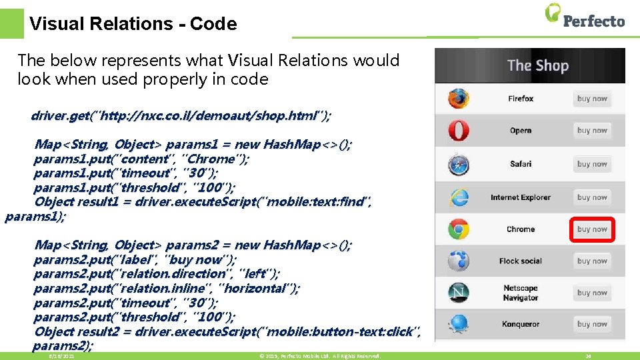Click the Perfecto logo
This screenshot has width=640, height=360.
pos(585,17)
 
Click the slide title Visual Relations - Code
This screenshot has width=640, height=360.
pos(133,24)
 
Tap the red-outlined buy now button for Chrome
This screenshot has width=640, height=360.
pos(592,229)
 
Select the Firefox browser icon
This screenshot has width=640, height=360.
pos(458,99)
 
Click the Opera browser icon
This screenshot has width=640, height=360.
pos(458,131)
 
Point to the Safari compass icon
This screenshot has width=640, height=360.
pos(458,164)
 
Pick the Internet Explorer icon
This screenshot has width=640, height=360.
pos(458,197)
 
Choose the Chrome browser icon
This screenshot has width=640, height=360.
pos(458,229)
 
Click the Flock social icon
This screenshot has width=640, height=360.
pos(458,261)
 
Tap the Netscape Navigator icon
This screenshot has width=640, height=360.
pos(458,293)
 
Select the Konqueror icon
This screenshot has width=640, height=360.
pos(458,324)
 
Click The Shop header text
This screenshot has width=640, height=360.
pos(537,65)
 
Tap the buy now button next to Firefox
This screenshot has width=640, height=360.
pos(592,99)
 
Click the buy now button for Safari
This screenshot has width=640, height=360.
pos(592,164)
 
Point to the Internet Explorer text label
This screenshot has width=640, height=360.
pos(521,197)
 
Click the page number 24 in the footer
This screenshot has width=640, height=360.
pos(588,357)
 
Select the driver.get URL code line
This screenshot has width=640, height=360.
pos(180,116)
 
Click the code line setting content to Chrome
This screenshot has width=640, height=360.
pos(141,159)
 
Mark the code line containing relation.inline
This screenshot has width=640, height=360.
pos(167,289)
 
